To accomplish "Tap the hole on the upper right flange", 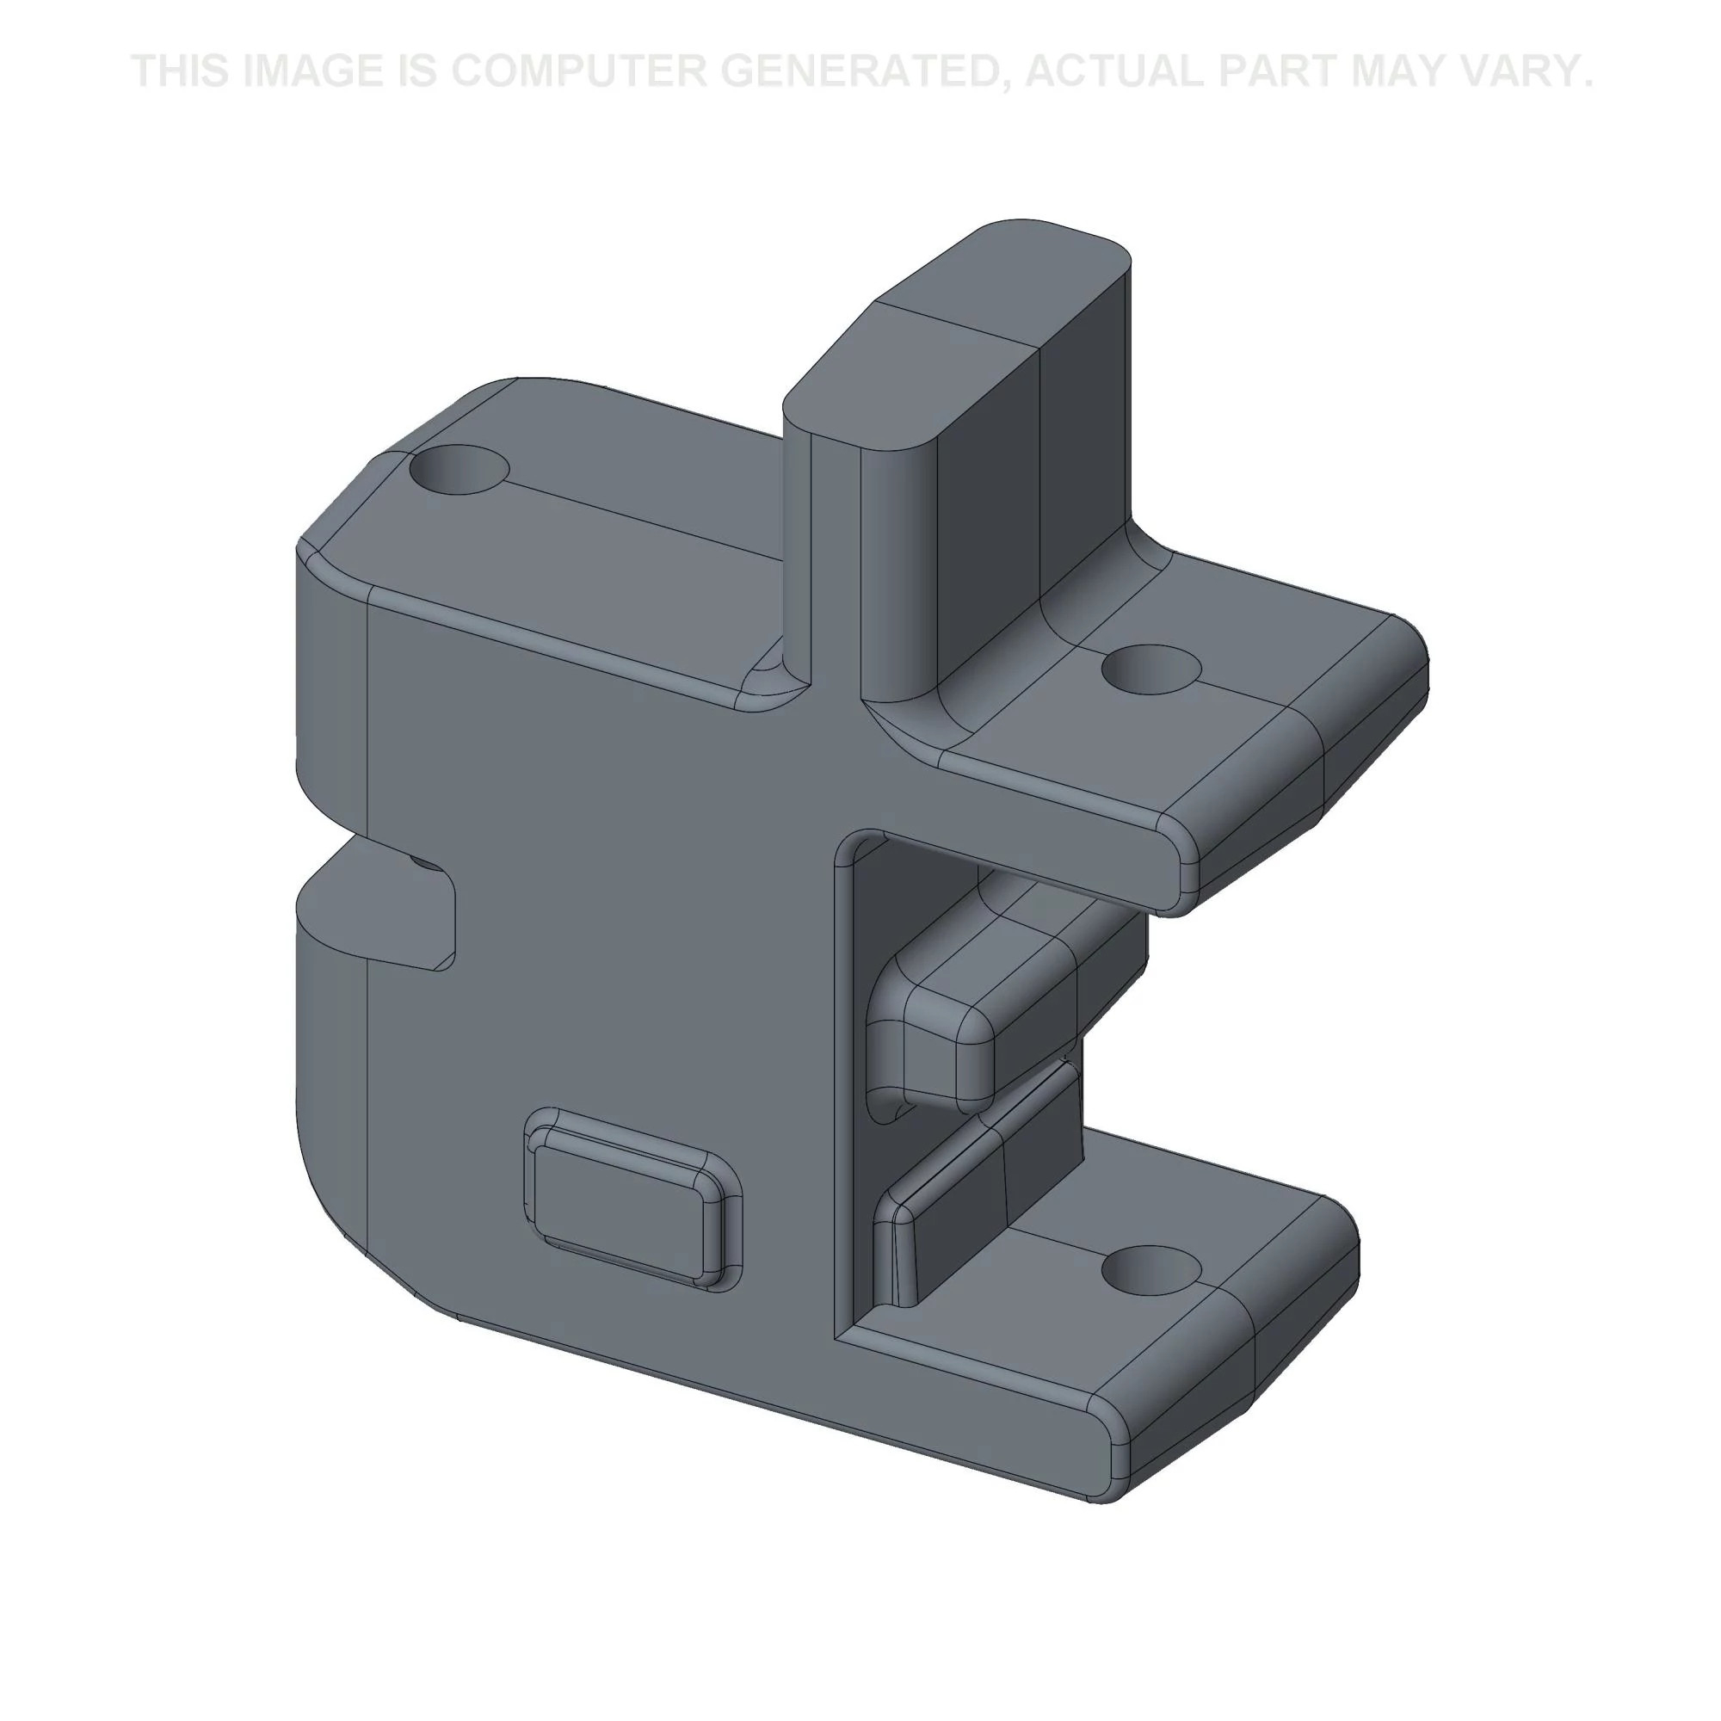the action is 1150,669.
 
